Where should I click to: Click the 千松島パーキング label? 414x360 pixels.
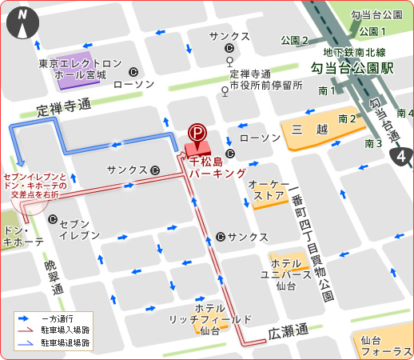[x=213, y=166]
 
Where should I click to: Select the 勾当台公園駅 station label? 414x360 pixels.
[x=352, y=70]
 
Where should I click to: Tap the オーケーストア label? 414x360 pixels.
[x=269, y=189]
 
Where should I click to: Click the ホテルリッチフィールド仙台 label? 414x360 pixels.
[x=210, y=318]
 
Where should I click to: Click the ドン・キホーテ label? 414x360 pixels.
[x=23, y=235]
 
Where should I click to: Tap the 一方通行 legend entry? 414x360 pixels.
[x=71, y=318]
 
